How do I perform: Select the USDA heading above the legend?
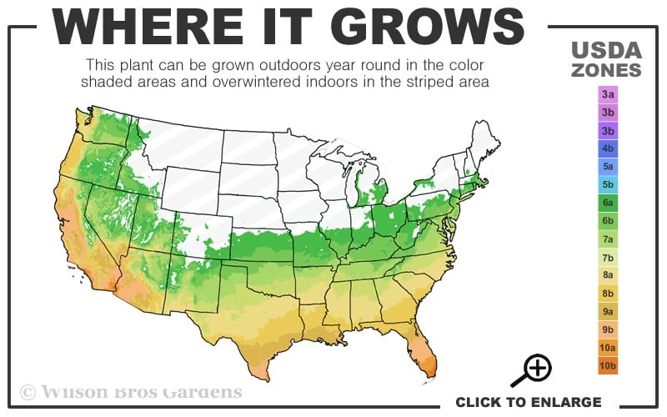(606, 50)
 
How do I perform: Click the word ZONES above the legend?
(606, 70)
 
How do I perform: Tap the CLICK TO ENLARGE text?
(528, 402)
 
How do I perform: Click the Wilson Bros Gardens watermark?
(131, 391)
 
